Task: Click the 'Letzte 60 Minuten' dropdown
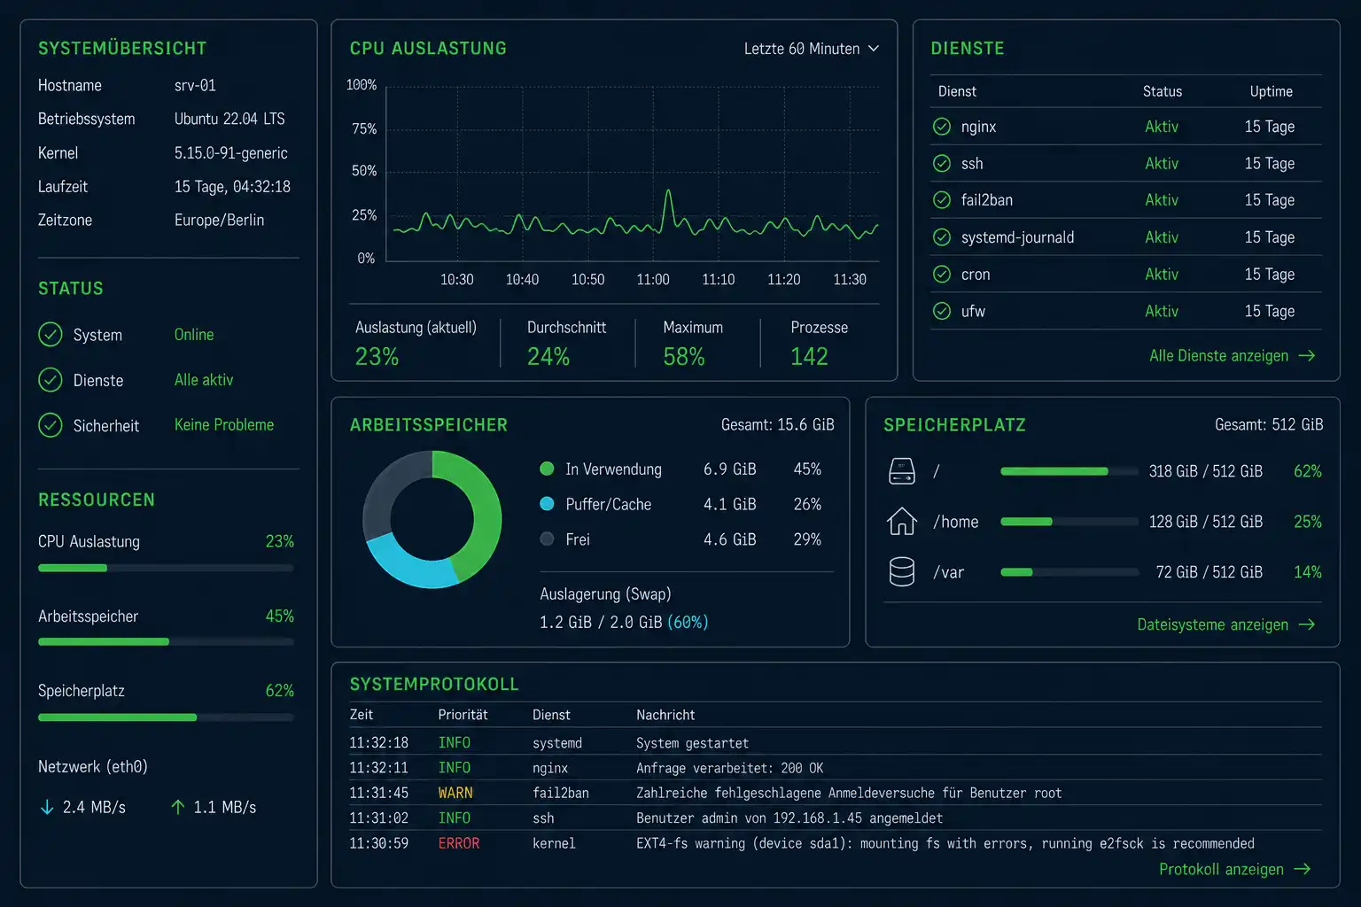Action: [811, 49]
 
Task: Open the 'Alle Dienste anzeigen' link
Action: [1232, 355]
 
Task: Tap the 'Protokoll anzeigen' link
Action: [1234, 869]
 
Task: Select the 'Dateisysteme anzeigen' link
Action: [1225, 624]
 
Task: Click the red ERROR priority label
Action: [459, 843]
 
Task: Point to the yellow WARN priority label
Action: [455, 793]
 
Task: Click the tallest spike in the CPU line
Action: [668, 190]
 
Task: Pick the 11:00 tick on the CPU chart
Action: [652, 279]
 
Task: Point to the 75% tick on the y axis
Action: [364, 128]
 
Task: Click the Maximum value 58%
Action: [683, 357]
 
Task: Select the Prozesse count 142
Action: [809, 357]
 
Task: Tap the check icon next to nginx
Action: [942, 127]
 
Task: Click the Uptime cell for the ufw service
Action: [1269, 311]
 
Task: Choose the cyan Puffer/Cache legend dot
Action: [547, 504]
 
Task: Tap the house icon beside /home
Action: [902, 521]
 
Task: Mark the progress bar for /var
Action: [1069, 572]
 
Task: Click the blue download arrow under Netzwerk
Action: [47, 808]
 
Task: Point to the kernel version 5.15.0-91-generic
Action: [231, 153]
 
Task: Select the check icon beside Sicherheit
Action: [51, 425]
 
